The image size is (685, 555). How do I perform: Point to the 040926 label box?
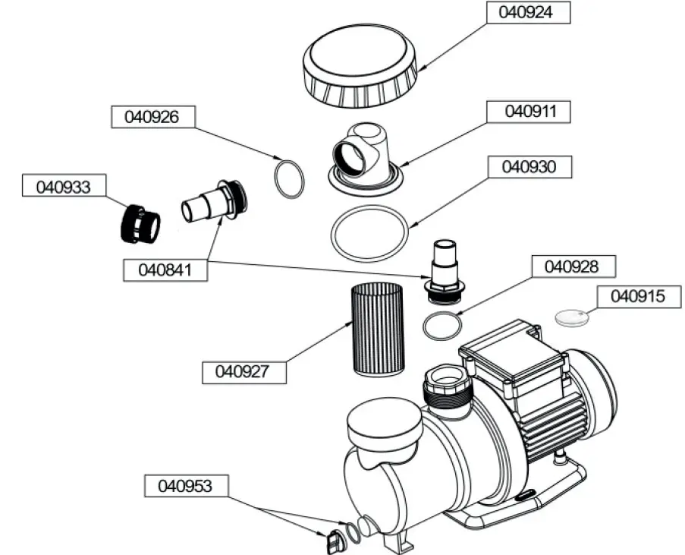[153, 118]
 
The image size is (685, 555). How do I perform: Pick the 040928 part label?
[573, 266]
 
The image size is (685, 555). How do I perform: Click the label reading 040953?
[185, 484]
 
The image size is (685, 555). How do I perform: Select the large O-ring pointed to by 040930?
[369, 233]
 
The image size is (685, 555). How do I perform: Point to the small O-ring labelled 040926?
[289, 180]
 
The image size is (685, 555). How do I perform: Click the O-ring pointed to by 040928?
[441, 327]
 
